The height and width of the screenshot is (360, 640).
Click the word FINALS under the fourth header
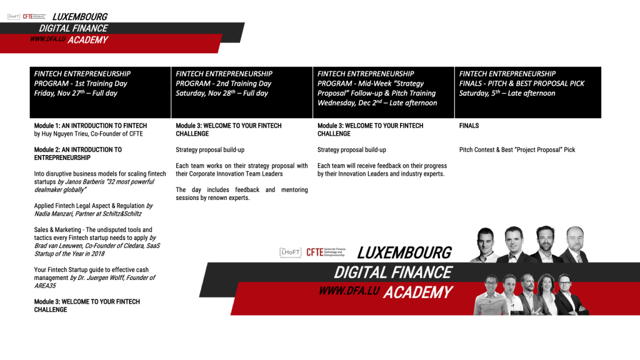[x=469, y=126]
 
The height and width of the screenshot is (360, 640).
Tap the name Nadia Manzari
[x=53, y=214]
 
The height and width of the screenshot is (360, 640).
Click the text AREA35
[x=45, y=286]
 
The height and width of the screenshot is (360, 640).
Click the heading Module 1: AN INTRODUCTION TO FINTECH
[x=90, y=126]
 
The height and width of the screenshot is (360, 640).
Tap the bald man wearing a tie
[x=575, y=244]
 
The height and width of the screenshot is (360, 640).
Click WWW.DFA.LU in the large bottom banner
[x=349, y=291]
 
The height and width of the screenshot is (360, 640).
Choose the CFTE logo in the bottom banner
[x=326, y=252]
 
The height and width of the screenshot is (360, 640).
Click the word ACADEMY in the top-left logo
[x=87, y=40]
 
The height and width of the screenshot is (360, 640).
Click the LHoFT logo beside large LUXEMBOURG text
[x=290, y=252]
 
